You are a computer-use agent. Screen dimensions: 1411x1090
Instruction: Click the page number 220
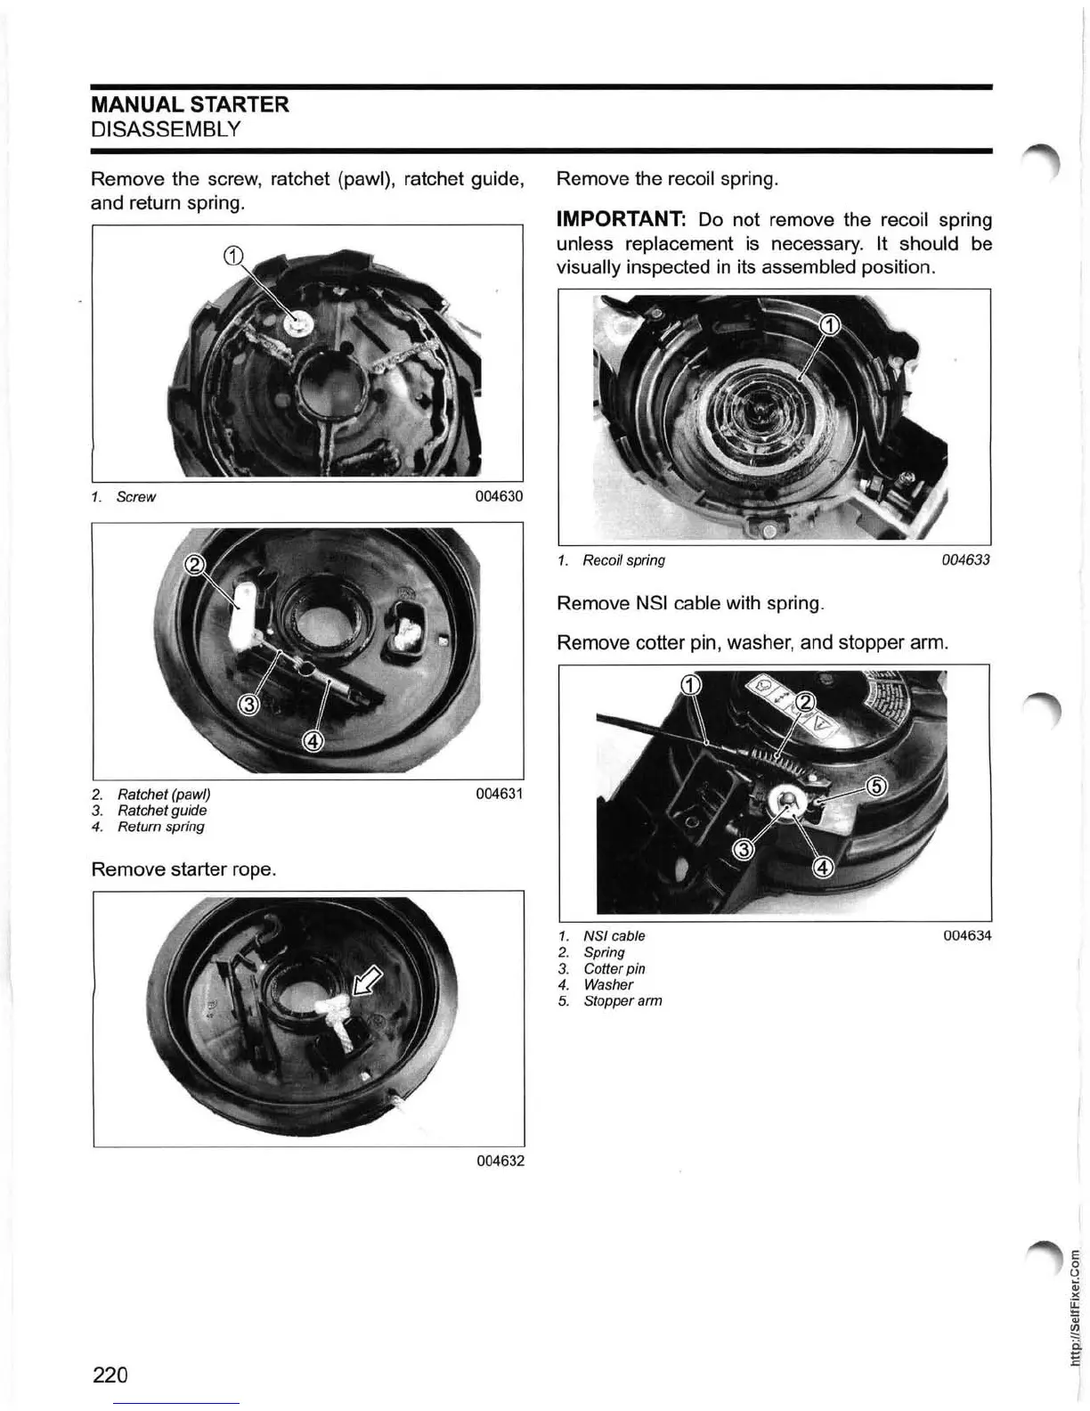pos(110,1374)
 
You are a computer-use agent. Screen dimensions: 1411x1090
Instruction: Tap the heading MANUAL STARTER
pos(190,104)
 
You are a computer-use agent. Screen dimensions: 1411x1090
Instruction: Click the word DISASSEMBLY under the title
pos(166,129)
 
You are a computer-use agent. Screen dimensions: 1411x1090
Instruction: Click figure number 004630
pos(500,496)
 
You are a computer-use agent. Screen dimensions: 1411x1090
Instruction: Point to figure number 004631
pos(500,794)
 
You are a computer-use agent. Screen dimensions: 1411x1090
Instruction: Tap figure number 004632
pos(500,1161)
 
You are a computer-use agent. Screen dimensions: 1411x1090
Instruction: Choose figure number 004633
pos(966,560)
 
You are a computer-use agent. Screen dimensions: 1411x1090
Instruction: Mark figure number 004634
pos(967,935)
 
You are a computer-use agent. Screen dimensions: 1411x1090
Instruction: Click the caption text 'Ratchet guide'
pos(162,811)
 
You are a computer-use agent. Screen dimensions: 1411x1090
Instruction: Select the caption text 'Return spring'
pos(160,827)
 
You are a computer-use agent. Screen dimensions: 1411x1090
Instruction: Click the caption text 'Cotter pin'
pos(614,968)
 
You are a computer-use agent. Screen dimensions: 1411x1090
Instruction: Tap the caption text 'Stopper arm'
pos(622,1001)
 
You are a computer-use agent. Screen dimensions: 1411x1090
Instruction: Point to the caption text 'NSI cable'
pos(614,936)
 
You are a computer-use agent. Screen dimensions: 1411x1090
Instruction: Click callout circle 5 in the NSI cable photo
pos(877,787)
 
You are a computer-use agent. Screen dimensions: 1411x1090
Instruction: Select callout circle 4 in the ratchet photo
pos(313,740)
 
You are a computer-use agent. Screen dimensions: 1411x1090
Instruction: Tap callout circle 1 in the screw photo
pos(232,257)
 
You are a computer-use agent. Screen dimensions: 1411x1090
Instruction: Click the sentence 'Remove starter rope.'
pos(183,869)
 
